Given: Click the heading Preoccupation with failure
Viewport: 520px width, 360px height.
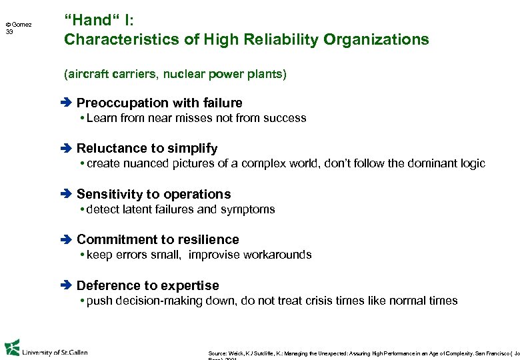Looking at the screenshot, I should click(x=159, y=103).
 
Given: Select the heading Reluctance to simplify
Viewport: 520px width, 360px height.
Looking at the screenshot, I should click(x=147, y=148).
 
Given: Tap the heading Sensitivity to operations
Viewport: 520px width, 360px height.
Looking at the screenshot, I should click(x=153, y=194).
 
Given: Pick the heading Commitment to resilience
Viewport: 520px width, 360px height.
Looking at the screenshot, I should click(x=157, y=239).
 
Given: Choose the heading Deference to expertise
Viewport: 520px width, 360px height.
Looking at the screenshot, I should click(x=147, y=285).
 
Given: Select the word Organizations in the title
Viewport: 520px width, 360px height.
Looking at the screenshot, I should click(x=376, y=39).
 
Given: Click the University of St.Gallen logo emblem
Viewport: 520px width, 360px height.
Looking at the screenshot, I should click(x=12, y=349).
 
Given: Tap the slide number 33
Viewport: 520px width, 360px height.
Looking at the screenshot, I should click(x=9, y=32).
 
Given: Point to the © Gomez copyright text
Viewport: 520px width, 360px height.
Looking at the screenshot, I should click(x=19, y=25).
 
